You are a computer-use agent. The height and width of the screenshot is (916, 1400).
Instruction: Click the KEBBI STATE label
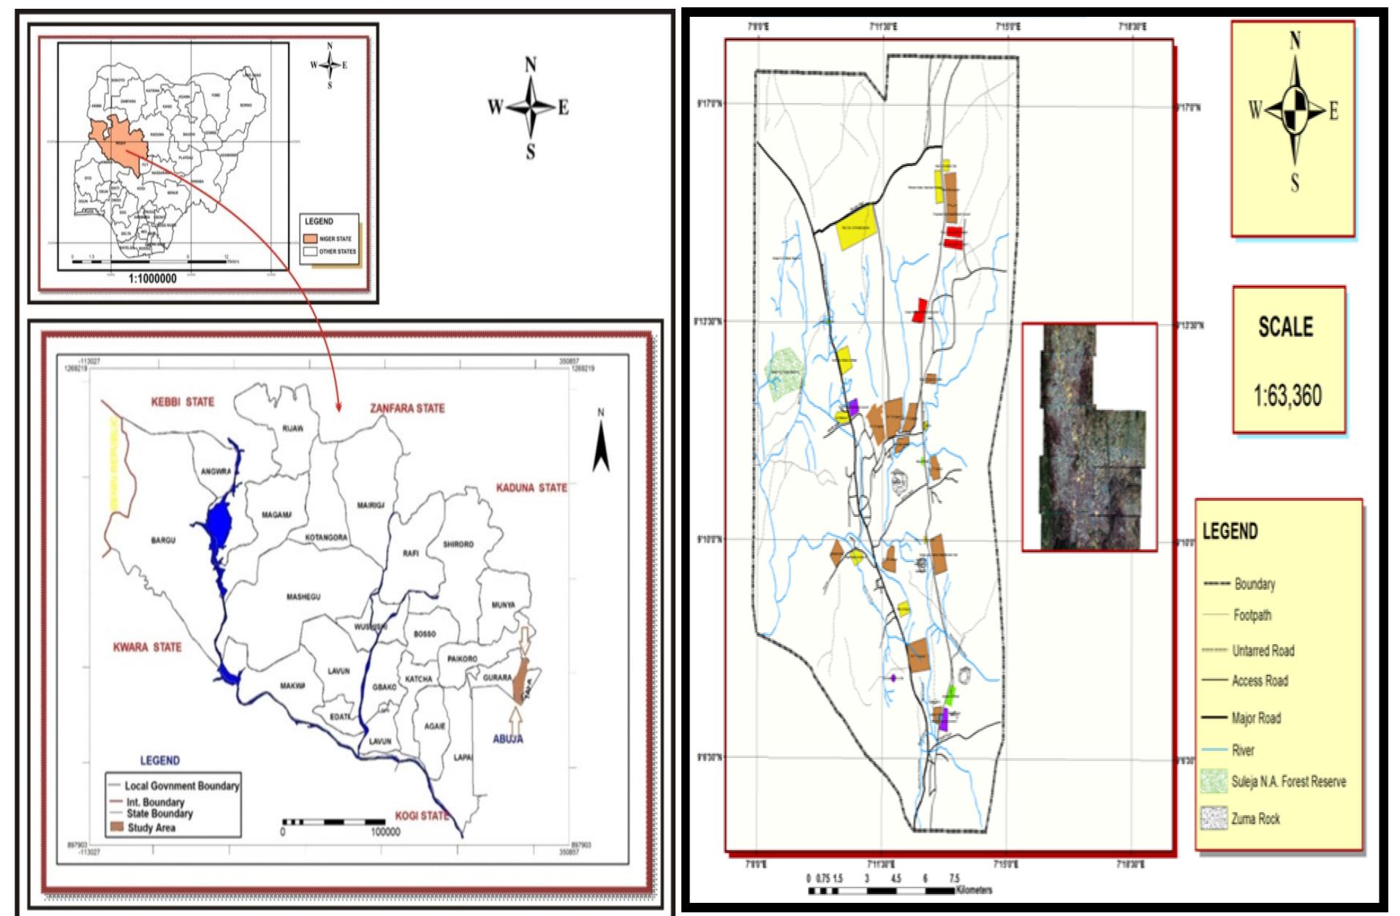click(182, 401)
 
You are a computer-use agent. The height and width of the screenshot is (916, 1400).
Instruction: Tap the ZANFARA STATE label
click(407, 408)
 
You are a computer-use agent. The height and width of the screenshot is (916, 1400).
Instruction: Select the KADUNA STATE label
click(531, 488)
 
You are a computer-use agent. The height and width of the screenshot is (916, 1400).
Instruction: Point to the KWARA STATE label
click(147, 647)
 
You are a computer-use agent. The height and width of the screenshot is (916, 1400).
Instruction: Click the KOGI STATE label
click(421, 815)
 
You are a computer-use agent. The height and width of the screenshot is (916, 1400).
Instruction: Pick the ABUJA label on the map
click(507, 738)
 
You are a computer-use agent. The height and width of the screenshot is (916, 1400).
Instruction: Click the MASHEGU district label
click(303, 597)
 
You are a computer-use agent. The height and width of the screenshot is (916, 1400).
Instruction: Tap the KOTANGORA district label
click(326, 537)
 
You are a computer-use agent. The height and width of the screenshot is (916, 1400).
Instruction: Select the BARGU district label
click(163, 540)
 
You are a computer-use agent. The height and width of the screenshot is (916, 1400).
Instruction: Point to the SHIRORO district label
click(458, 544)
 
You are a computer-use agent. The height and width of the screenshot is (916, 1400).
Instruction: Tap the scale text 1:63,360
click(1287, 395)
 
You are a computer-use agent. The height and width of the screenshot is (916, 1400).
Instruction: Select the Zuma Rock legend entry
click(1255, 819)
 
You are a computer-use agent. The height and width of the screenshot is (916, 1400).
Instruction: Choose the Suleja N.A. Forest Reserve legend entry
click(1287, 781)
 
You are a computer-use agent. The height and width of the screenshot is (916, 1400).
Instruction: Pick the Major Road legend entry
click(1255, 718)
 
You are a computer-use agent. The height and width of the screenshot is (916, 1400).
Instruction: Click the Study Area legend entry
click(151, 828)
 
